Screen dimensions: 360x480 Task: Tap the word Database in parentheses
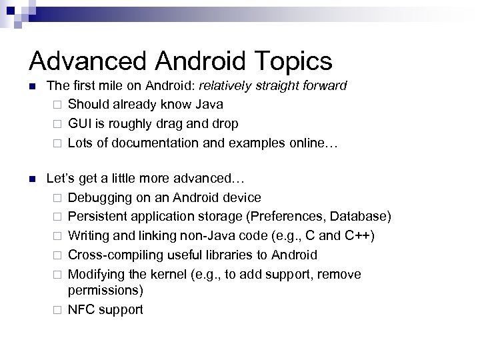363,217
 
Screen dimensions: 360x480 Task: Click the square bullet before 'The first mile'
33,85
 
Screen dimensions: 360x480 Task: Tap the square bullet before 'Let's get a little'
33,179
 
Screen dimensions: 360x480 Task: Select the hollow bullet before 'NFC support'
58,310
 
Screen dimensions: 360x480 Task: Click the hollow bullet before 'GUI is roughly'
58,123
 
